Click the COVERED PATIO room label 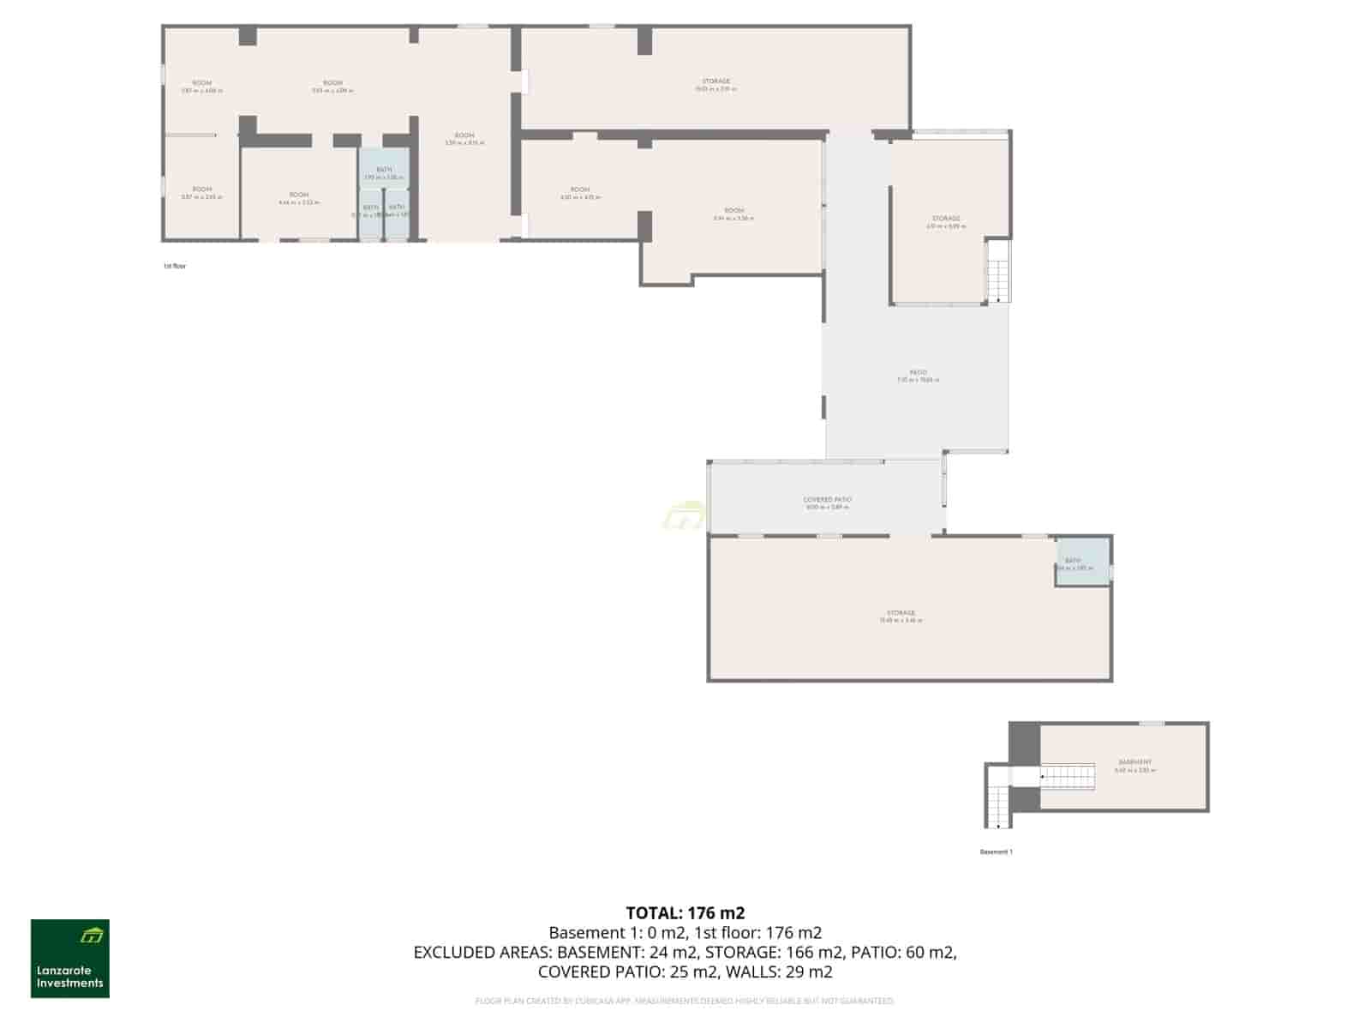point(827,500)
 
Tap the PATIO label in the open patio point(918,373)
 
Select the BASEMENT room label point(1135,762)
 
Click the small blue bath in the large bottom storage point(1081,563)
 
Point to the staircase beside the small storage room point(997,270)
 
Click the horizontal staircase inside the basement point(1069,776)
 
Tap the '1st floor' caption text point(175,266)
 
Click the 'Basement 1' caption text point(996,851)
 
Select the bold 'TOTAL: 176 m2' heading point(685,912)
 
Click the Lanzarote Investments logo point(70,959)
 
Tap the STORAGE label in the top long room point(715,81)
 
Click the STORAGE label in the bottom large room point(901,613)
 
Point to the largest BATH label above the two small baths point(383,170)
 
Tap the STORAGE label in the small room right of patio point(946,219)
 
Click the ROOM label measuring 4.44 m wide point(298,196)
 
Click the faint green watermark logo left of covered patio point(683,516)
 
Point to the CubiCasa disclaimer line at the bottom point(685,1001)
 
